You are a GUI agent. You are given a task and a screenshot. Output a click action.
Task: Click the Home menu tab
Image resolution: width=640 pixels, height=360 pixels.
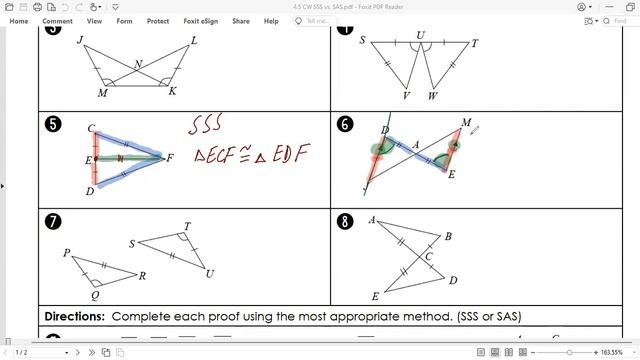pyautogui.click(x=19, y=20)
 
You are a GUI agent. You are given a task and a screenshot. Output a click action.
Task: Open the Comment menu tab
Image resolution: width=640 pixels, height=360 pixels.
pyautogui.click(x=57, y=20)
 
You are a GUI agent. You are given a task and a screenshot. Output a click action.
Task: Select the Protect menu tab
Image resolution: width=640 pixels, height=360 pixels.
pyautogui.click(x=157, y=20)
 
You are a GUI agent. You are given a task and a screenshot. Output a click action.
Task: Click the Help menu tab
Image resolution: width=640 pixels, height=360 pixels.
pyautogui.click(x=271, y=20)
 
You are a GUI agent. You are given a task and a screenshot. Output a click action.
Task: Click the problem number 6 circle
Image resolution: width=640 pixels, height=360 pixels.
pyautogui.click(x=346, y=125)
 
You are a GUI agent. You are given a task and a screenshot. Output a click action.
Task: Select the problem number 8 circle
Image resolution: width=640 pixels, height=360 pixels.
pyautogui.click(x=346, y=222)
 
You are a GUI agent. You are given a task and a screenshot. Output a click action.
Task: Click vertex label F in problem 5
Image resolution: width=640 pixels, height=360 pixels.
pyautogui.click(x=170, y=157)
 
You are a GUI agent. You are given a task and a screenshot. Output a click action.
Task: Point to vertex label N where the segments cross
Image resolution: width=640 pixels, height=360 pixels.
pyautogui.click(x=139, y=65)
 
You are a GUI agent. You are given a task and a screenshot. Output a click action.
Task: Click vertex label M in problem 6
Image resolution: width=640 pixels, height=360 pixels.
pyautogui.click(x=466, y=124)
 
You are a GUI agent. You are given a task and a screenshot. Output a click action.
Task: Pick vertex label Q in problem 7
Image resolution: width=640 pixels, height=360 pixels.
pyautogui.click(x=95, y=296)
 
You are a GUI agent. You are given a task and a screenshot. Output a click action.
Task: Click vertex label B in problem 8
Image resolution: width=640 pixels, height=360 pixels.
pyautogui.click(x=448, y=237)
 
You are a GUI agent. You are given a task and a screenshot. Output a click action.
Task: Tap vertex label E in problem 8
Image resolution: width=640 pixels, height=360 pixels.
pyautogui.click(x=375, y=297)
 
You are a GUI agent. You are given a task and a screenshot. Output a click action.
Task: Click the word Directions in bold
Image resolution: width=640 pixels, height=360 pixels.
pyautogui.click(x=75, y=316)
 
